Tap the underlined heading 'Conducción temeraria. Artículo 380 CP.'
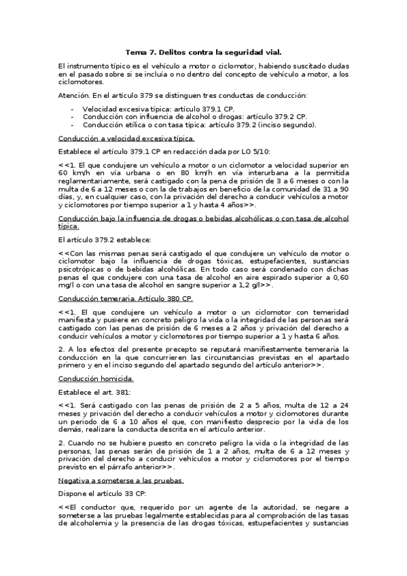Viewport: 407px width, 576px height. click(x=126, y=298)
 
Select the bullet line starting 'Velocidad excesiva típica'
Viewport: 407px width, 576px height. click(x=158, y=109)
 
